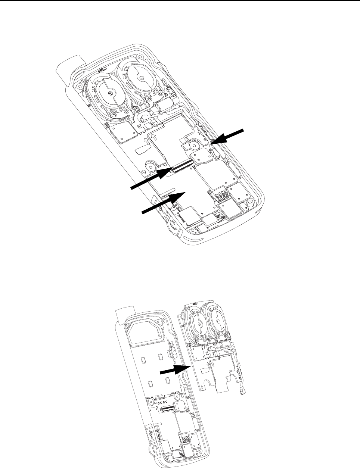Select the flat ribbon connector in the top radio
click(181, 164)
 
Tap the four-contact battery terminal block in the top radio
click(217, 195)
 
